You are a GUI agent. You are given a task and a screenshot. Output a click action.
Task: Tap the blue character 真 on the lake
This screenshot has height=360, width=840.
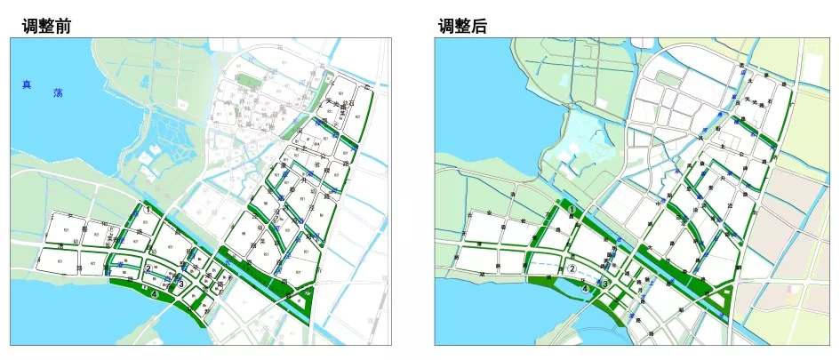click(x=27, y=85)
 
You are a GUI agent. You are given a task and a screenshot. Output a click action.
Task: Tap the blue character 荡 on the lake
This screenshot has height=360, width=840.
click(x=58, y=92)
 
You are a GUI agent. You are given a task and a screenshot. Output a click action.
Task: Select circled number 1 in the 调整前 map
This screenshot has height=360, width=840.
click(x=148, y=211)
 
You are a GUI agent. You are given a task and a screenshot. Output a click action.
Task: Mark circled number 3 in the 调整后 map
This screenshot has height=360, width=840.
click(x=605, y=284)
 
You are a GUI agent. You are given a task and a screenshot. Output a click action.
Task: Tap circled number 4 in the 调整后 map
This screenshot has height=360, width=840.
click(x=584, y=287)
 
